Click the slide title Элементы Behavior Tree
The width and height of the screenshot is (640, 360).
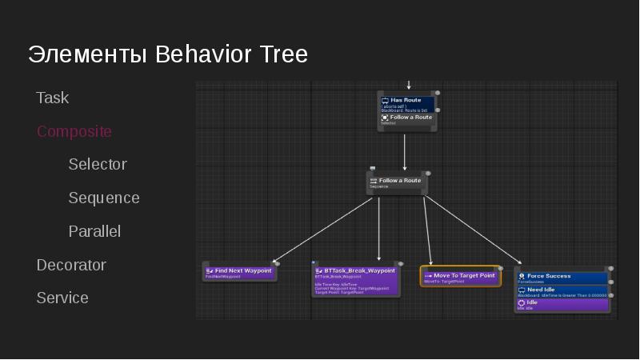pyautogui.click(x=168, y=54)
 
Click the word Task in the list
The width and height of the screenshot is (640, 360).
pyautogui.click(x=53, y=98)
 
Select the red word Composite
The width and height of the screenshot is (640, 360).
pyautogui.click(x=74, y=131)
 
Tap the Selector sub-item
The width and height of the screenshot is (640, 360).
pyautogui.click(x=98, y=164)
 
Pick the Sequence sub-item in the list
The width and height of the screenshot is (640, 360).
pyautogui.click(x=104, y=198)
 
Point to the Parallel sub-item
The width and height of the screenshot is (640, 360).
pyautogui.click(x=94, y=231)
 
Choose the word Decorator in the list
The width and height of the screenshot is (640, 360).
pyautogui.click(x=71, y=265)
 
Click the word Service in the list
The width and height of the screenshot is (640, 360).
pyautogui.click(x=62, y=298)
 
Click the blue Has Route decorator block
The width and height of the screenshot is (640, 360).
pyautogui.click(x=407, y=104)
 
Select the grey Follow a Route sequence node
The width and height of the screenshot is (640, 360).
pyautogui.click(x=398, y=182)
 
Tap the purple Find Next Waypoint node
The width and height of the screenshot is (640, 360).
pyautogui.click(x=239, y=272)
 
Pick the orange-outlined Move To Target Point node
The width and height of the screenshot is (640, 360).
pyautogui.click(x=460, y=277)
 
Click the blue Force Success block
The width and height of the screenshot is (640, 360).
pyautogui.click(x=562, y=278)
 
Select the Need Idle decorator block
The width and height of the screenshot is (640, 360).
pyautogui.click(x=562, y=291)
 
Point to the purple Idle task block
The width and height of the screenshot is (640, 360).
pyautogui.click(x=562, y=305)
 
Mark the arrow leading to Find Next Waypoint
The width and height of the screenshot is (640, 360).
pyautogui.click(x=324, y=230)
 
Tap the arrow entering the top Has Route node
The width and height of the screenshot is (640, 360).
pyautogui.click(x=409, y=84)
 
